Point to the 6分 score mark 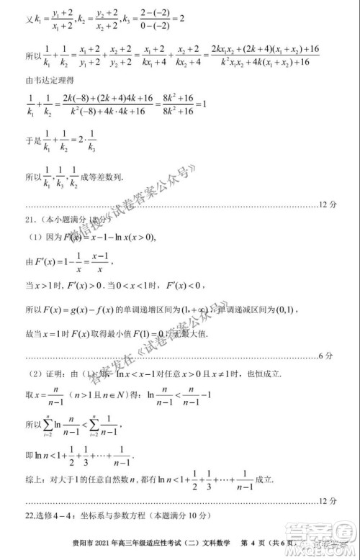[x=325, y=356]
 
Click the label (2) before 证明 [x=35, y=374]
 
